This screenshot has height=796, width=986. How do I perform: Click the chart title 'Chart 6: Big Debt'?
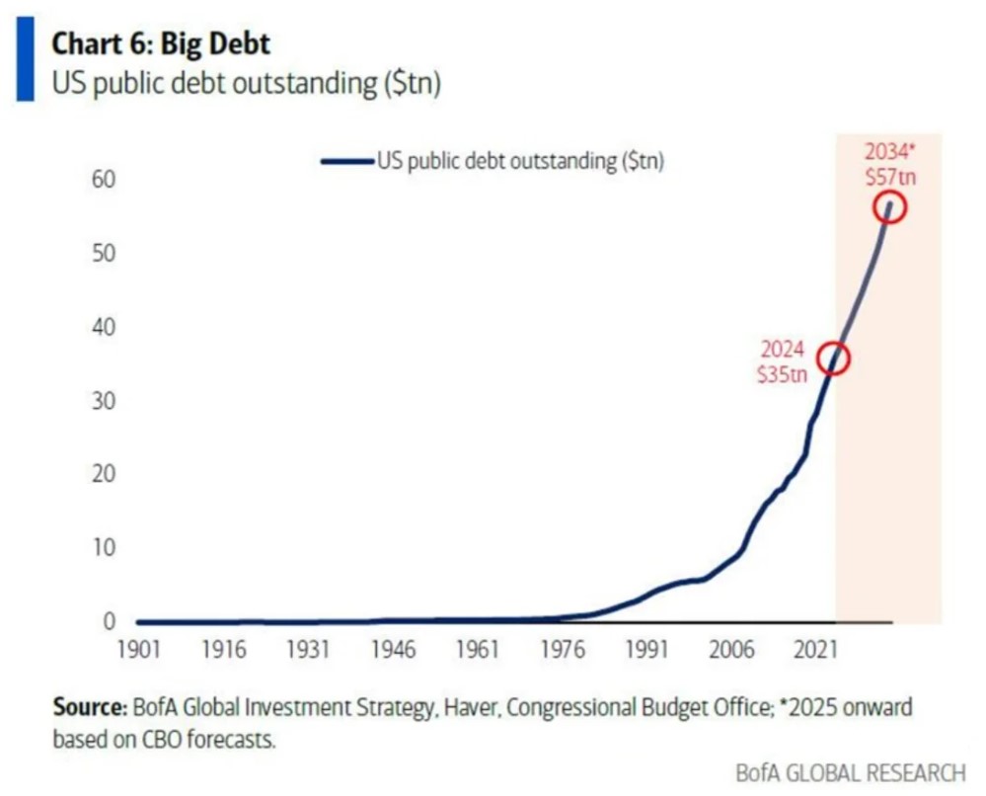click(160, 44)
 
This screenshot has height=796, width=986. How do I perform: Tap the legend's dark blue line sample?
click(346, 162)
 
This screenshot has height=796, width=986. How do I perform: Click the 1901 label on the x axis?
click(139, 653)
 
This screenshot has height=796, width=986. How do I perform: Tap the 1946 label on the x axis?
click(393, 653)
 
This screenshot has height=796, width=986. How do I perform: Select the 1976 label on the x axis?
click(562, 653)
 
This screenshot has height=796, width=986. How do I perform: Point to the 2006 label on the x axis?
click(730, 653)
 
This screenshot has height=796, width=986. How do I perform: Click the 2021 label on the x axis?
click(815, 653)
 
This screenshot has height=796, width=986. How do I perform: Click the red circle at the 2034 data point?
click(889, 207)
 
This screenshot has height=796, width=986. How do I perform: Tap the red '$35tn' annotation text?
click(781, 374)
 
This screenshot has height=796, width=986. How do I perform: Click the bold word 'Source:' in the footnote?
click(89, 708)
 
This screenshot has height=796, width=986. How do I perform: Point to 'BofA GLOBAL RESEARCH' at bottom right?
click(850, 772)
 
